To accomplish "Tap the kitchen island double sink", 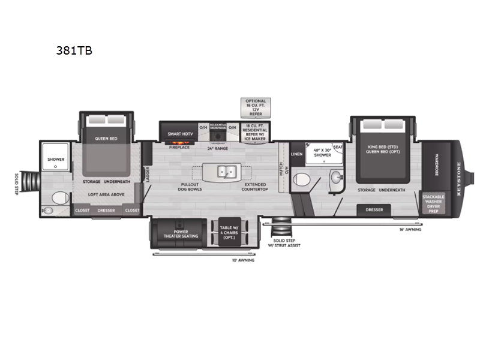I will pyautogui.click(x=226, y=171).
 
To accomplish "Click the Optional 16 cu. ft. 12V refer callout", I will pyautogui.click(x=255, y=107).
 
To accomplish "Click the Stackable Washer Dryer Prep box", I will pyautogui.click(x=433, y=203).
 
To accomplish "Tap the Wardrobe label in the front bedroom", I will pyautogui.click(x=437, y=161).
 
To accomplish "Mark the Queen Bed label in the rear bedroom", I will pyautogui.click(x=105, y=138).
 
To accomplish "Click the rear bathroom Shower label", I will pyautogui.click(x=56, y=160).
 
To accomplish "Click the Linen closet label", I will pyautogui.click(x=297, y=154).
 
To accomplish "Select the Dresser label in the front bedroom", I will pyautogui.click(x=374, y=209).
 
